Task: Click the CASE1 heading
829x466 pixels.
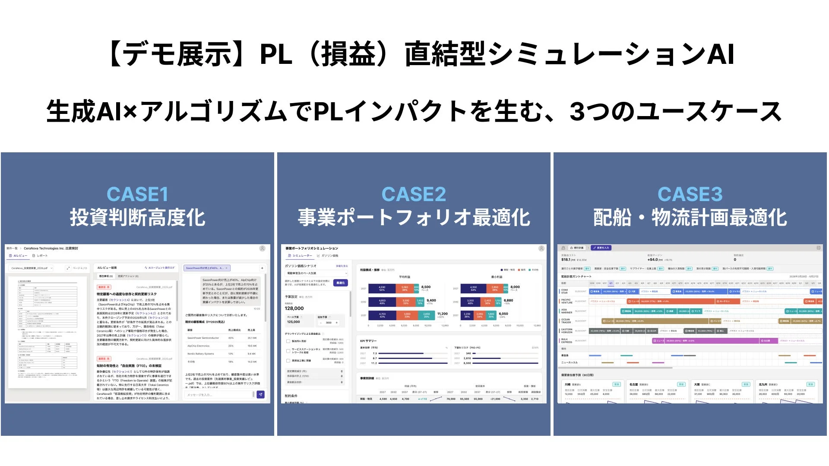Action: click(137, 194)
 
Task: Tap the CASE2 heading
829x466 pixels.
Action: click(414, 194)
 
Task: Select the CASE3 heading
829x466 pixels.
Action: click(690, 194)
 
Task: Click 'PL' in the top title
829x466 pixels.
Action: click(276, 54)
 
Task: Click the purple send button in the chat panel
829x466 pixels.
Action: click(260, 394)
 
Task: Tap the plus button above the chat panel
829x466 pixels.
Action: click(262, 268)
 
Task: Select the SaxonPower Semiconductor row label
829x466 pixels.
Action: click(203, 338)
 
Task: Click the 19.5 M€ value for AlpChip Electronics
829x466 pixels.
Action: click(252, 346)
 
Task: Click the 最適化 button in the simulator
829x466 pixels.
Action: click(340, 283)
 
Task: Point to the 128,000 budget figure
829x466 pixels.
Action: click(294, 309)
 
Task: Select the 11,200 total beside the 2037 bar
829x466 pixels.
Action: click(442, 314)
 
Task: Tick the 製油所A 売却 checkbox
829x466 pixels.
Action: click(288, 341)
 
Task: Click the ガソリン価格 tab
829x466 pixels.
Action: click(328, 256)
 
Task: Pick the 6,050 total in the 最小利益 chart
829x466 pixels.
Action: click(503, 314)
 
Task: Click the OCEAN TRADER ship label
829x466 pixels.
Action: click(566, 321)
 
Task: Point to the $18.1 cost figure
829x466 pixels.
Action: click(566, 260)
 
